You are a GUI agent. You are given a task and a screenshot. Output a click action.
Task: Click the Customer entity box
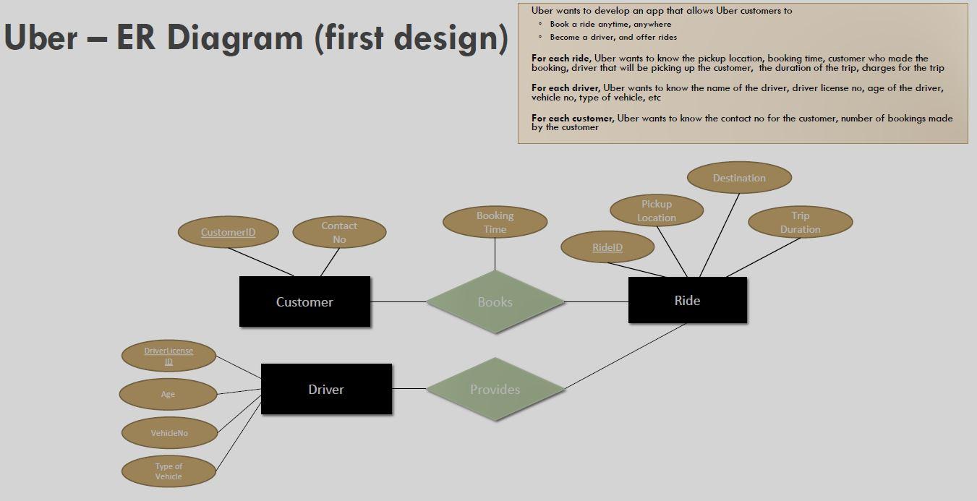pyautogui.click(x=304, y=301)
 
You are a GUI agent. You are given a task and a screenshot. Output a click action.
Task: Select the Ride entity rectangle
pyautogui.click(x=687, y=300)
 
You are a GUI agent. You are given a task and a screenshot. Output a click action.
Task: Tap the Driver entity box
pyautogui.click(x=326, y=389)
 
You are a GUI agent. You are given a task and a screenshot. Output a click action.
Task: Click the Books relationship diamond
pyautogui.click(x=495, y=302)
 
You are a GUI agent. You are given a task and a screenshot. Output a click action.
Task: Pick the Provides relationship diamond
pyautogui.click(x=495, y=390)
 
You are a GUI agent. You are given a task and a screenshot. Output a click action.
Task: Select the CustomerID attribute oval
pyautogui.click(x=228, y=232)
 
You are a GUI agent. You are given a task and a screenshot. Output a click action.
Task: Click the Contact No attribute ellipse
pyautogui.click(x=339, y=232)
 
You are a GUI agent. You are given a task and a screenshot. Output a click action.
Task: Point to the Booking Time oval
pyautogui.click(x=495, y=222)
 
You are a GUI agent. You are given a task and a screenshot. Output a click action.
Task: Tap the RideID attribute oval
pyautogui.click(x=607, y=247)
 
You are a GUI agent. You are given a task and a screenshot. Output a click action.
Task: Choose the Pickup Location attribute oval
pyautogui.click(x=657, y=210)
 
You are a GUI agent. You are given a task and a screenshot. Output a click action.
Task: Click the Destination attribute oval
pyautogui.click(x=739, y=178)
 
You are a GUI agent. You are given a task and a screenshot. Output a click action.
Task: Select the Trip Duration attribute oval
pyautogui.click(x=800, y=222)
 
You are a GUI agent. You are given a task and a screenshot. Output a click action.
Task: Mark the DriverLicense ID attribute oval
pyautogui.click(x=168, y=356)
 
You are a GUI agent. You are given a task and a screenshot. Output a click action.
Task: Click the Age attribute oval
pyautogui.click(x=168, y=394)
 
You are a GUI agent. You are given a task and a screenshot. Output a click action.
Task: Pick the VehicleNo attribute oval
pyautogui.click(x=169, y=433)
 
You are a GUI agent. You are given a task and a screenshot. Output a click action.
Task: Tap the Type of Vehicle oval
pyautogui.click(x=168, y=471)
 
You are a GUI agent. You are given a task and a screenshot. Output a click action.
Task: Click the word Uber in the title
pyautogui.click(x=40, y=38)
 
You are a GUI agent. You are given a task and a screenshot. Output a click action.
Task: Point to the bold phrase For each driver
pyautogui.click(x=565, y=88)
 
